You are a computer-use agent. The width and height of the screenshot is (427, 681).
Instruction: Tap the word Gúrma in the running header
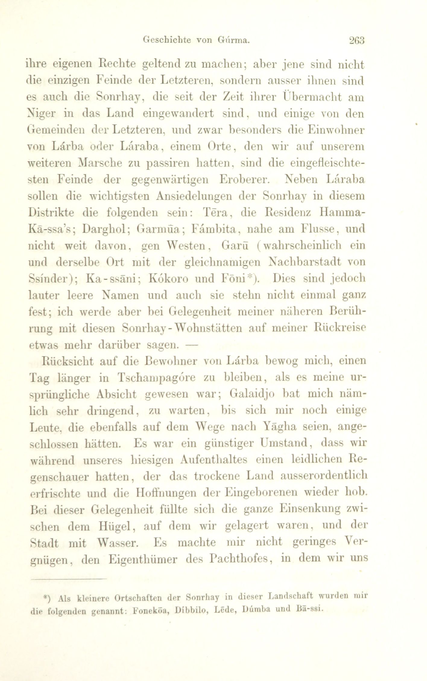point(234,40)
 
